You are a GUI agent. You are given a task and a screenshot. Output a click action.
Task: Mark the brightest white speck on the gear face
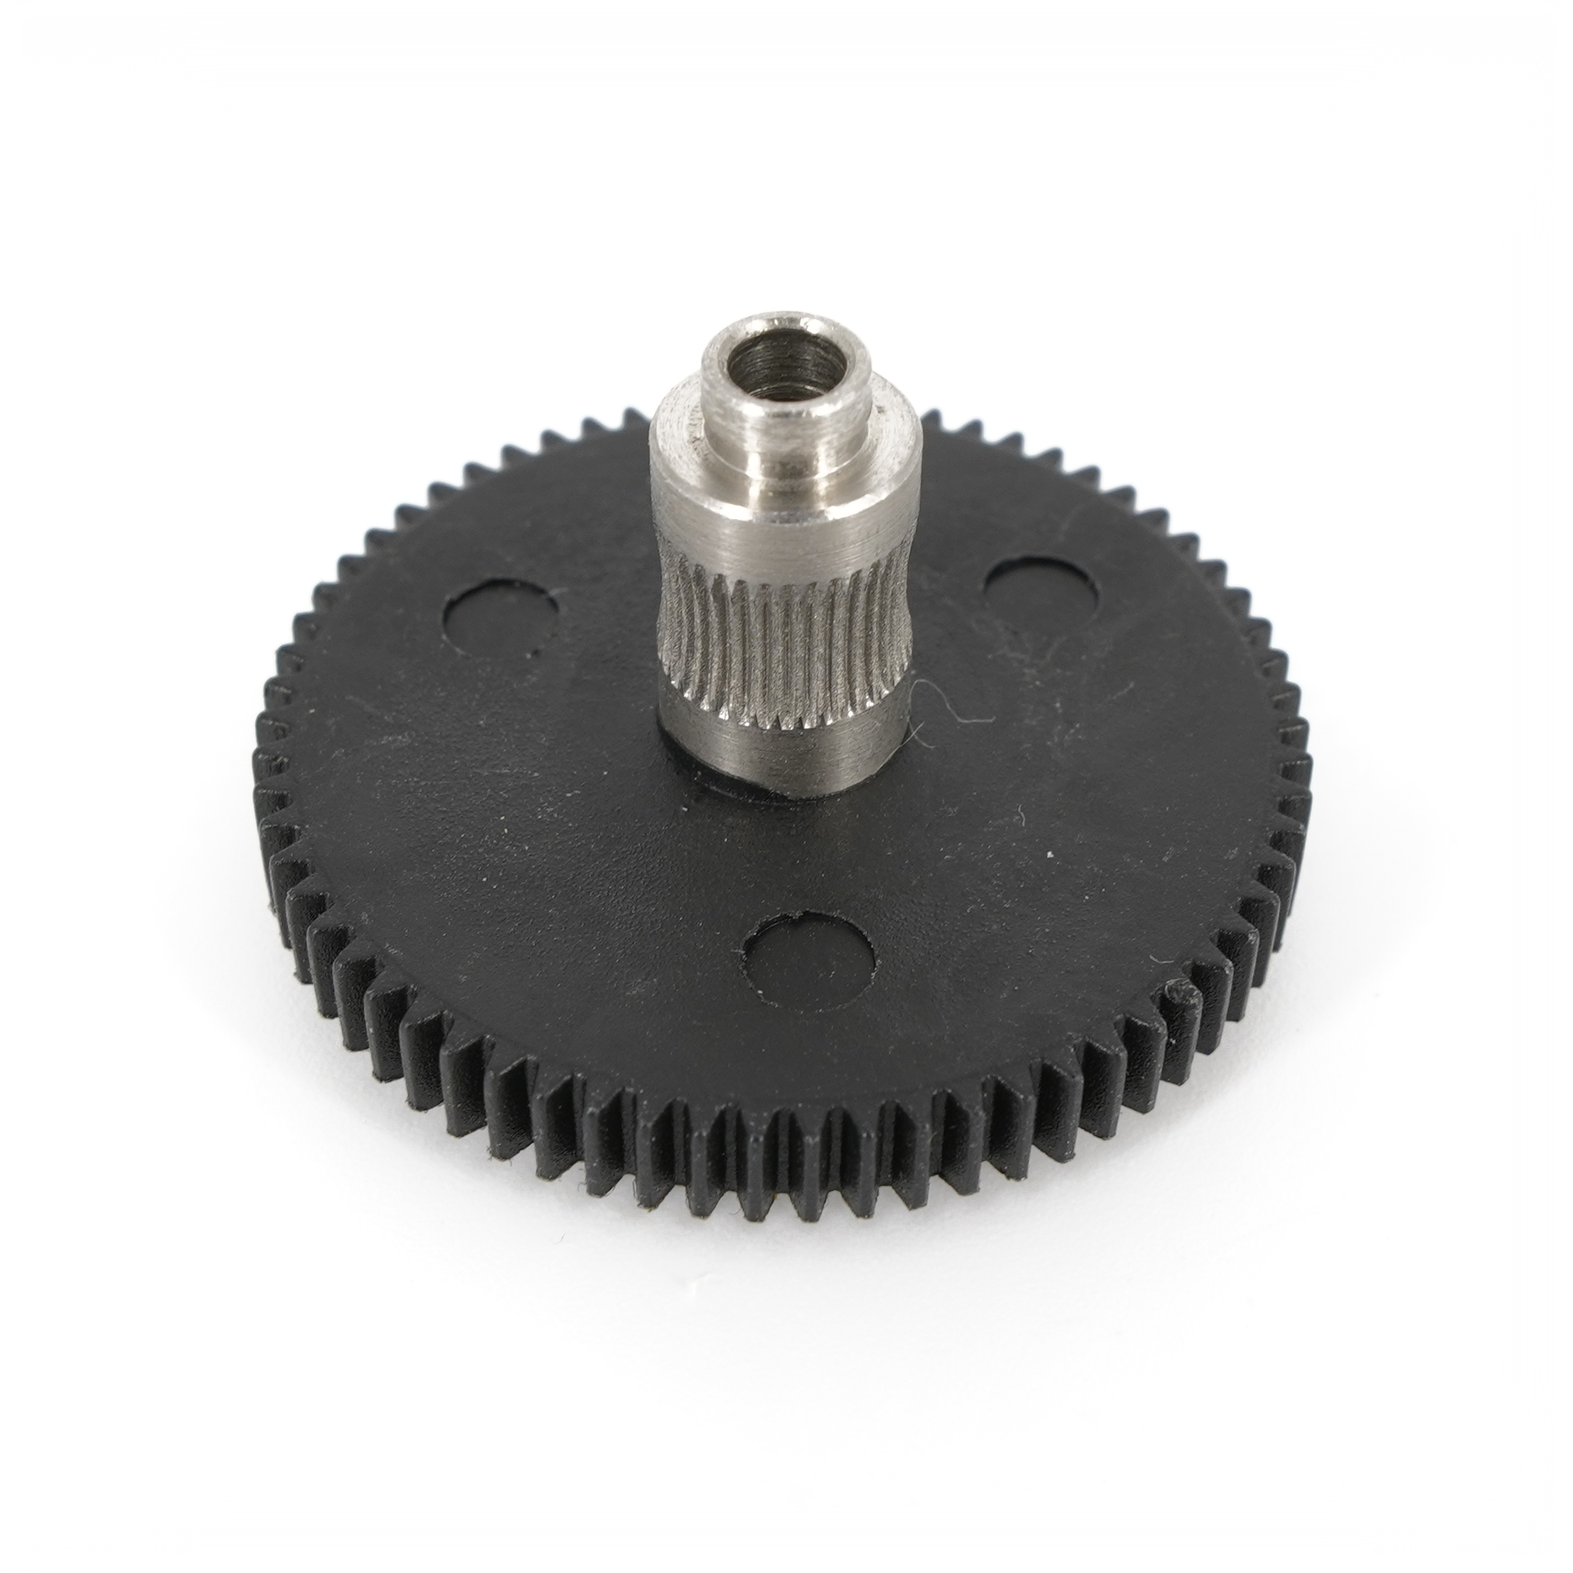[1050, 855]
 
